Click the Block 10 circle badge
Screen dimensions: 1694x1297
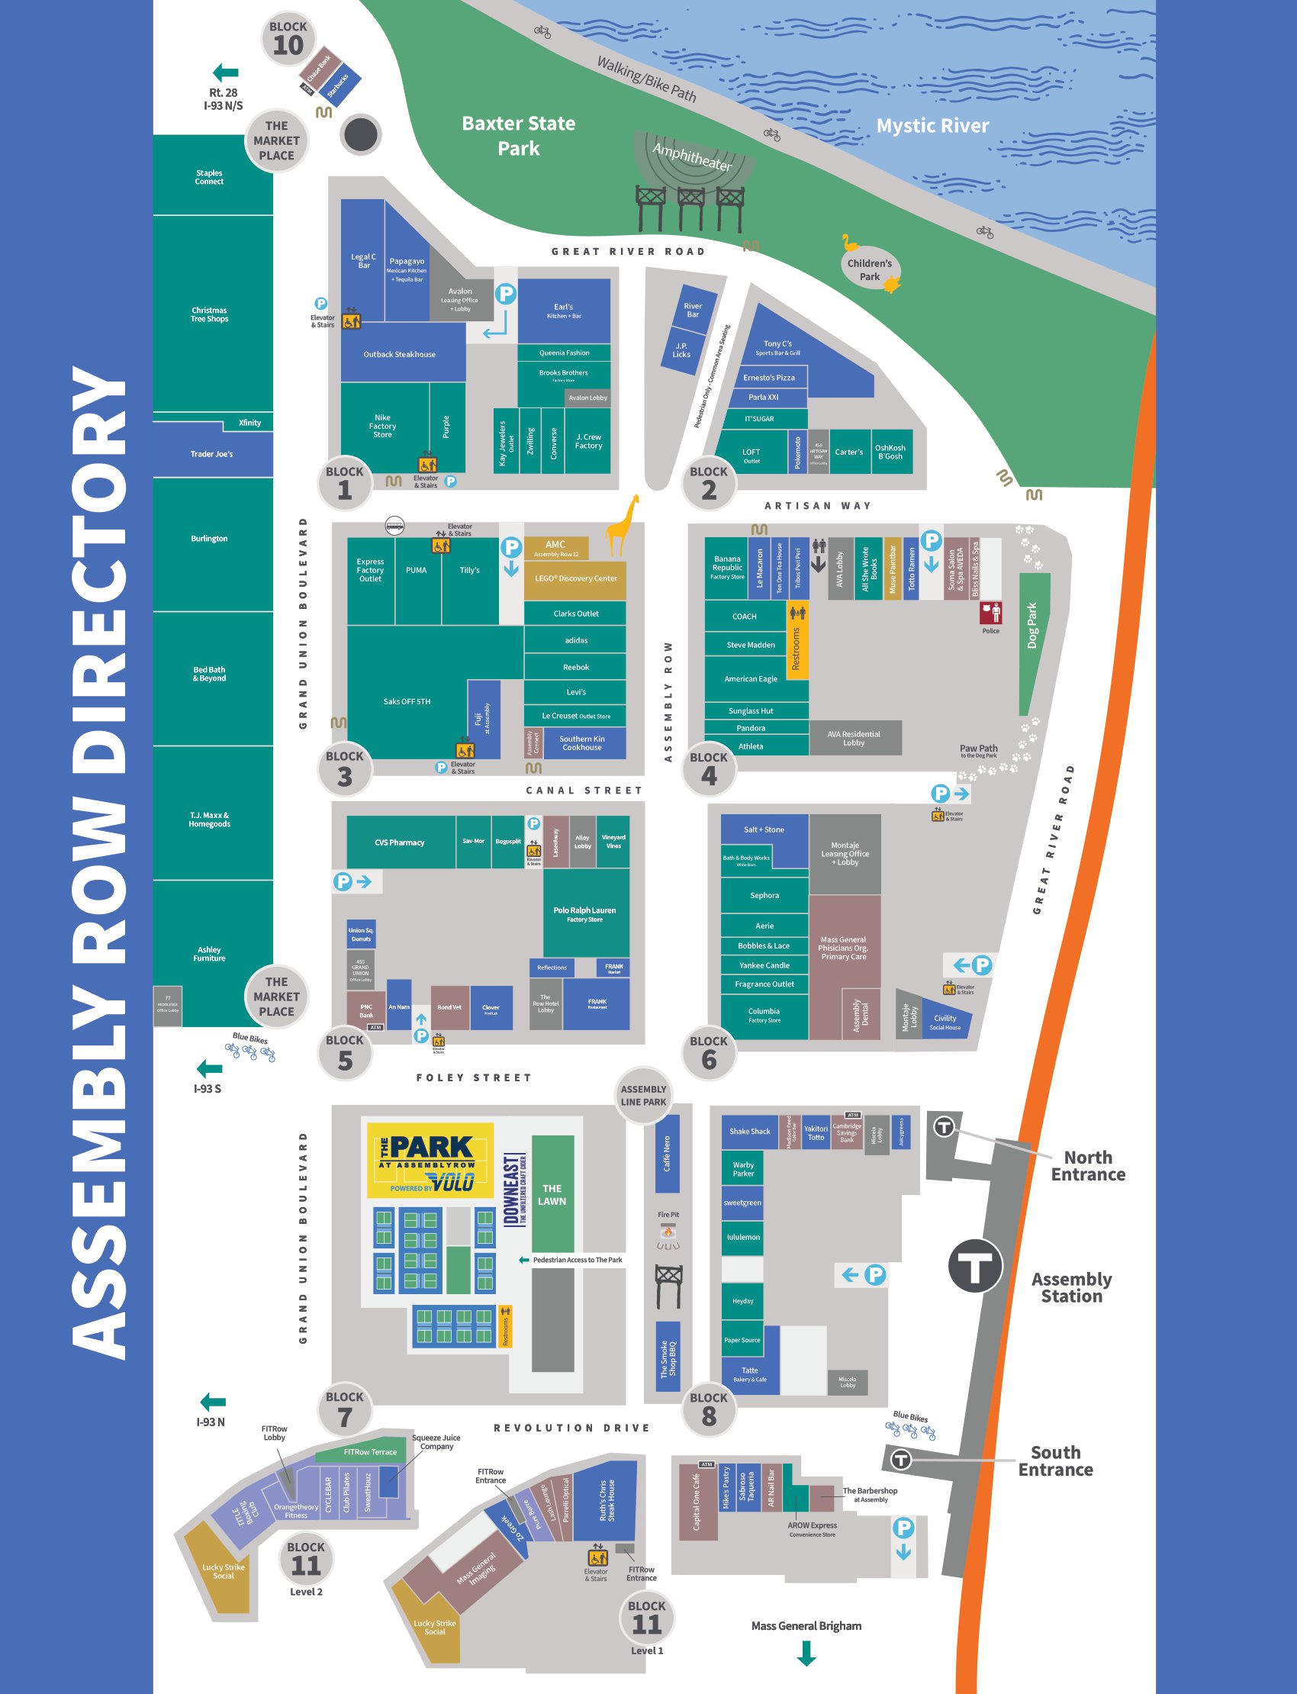tap(288, 38)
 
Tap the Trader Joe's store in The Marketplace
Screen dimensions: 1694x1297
tap(212, 454)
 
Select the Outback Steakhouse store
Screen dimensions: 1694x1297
tap(399, 354)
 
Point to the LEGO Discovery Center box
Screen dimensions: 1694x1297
tap(575, 578)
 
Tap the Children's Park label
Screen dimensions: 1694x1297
tap(869, 269)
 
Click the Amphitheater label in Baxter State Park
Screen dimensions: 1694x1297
tap(692, 156)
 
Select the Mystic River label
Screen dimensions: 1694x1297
tap(932, 126)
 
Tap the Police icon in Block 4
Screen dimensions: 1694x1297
tap(990, 614)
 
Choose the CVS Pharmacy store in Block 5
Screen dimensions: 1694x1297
tap(400, 842)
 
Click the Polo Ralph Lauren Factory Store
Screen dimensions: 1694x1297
tap(585, 913)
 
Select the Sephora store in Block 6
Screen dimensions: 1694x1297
tap(764, 896)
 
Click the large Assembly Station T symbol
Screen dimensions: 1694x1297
tap(974, 1265)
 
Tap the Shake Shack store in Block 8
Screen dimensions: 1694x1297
tap(750, 1131)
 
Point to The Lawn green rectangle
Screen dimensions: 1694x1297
tap(552, 1193)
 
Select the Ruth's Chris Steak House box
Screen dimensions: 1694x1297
tap(607, 1499)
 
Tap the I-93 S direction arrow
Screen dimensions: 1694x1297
tap(209, 1069)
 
